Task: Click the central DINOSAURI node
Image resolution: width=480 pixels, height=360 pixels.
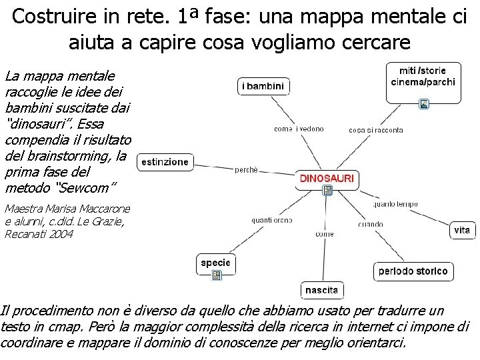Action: (x=327, y=178)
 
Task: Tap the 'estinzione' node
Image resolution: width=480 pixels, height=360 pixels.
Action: (x=165, y=162)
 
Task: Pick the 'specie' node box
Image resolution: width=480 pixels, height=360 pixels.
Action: (x=215, y=263)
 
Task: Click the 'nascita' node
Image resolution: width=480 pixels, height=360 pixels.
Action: (x=322, y=290)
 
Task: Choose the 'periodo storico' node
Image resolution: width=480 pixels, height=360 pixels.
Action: (x=413, y=271)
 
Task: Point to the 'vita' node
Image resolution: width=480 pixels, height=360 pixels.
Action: (x=462, y=230)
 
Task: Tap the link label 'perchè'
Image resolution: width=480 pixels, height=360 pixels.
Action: (x=246, y=170)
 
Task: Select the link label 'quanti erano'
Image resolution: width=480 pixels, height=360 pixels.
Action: (x=272, y=220)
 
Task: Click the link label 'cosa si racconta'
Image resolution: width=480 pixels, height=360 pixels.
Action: (x=375, y=130)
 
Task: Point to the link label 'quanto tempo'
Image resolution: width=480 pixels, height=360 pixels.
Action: (x=395, y=204)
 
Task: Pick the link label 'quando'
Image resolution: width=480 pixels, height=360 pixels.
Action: (x=370, y=224)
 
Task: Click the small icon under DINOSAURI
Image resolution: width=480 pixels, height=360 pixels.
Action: (x=327, y=191)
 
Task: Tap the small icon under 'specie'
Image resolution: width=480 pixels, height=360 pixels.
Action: (x=215, y=275)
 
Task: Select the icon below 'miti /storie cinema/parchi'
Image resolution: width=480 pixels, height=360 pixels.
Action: (x=424, y=103)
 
